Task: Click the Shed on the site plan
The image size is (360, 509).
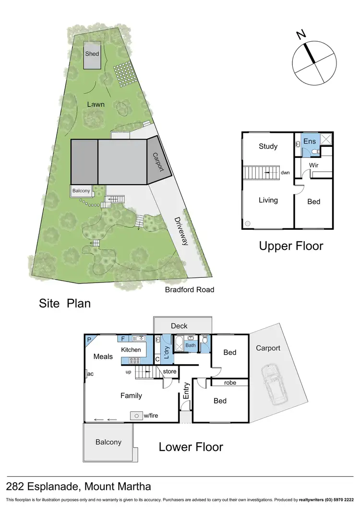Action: point(92,55)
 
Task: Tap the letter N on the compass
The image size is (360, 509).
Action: point(301,35)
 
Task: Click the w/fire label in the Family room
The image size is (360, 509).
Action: point(151,415)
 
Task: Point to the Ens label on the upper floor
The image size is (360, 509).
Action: point(310,142)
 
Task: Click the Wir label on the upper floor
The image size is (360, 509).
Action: point(313,165)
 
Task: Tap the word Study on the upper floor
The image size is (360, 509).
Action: point(268,146)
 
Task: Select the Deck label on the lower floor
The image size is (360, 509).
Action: point(179,326)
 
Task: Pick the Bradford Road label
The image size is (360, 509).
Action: point(190,290)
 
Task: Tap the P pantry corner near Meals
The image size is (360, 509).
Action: point(89,339)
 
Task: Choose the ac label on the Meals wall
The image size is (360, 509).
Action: point(90,374)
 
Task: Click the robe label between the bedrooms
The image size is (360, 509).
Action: point(230,383)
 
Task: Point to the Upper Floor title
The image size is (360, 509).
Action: point(291,246)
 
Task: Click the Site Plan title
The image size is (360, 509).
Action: point(65,303)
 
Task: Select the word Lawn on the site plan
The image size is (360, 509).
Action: point(96,104)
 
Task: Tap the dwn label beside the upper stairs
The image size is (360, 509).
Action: point(285,173)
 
